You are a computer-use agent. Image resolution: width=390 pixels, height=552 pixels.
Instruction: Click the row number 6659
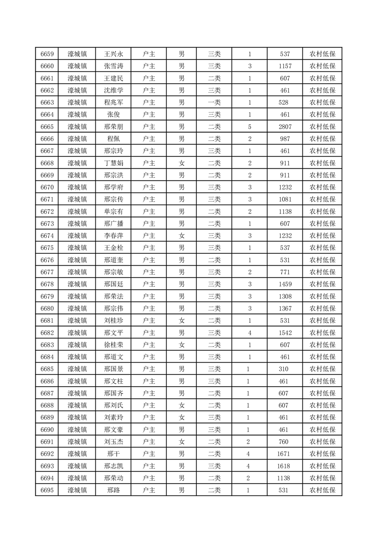point(47,54)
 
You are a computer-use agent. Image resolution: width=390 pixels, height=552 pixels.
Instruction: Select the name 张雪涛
point(114,66)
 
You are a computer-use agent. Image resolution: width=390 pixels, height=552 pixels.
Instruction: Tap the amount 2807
point(285,126)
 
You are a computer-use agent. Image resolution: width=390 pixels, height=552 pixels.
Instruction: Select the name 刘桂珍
point(114,320)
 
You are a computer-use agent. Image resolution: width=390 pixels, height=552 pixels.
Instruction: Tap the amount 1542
point(285,332)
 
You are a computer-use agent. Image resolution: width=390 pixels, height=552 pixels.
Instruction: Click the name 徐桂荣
point(114,344)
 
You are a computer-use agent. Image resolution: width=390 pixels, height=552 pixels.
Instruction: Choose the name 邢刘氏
point(114,405)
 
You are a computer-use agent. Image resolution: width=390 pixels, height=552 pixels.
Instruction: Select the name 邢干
point(114,453)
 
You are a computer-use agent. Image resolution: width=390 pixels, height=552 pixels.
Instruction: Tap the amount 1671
point(285,453)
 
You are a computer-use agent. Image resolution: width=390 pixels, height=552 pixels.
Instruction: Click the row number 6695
point(47,490)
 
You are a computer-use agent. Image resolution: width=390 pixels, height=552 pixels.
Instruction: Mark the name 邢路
point(114,490)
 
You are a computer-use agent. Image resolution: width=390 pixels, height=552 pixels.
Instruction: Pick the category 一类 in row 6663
point(214,102)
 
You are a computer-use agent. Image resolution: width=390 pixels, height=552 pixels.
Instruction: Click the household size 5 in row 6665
point(250,126)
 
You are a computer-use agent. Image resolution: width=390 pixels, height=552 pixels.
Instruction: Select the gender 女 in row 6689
point(181,417)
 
